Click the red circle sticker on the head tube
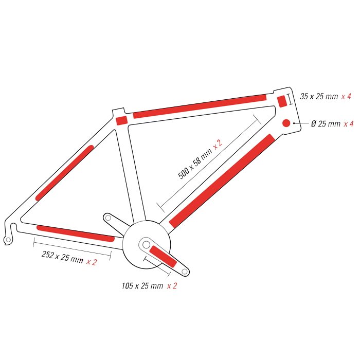(x=286, y=123)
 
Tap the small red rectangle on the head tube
(x=282, y=101)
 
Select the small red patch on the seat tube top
(x=122, y=120)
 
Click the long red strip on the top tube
(x=200, y=106)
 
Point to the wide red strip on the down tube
(x=222, y=181)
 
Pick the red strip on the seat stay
(x=64, y=173)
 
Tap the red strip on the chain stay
(x=76, y=233)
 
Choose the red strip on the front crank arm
(x=163, y=256)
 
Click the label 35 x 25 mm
(x=319, y=97)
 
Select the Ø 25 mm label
(x=326, y=124)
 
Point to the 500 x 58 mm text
(x=195, y=163)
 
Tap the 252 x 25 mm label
(x=62, y=257)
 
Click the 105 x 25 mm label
(x=142, y=286)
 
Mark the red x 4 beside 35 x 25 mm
(x=346, y=97)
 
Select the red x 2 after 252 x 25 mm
(x=92, y=262)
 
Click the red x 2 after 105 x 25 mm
(x=172, y=286)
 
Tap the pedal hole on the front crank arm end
(x=185, y=272)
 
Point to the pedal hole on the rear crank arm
(x=108, y=218)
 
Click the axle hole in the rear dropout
(x=8, y=240)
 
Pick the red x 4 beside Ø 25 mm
(x=349, y=124)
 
